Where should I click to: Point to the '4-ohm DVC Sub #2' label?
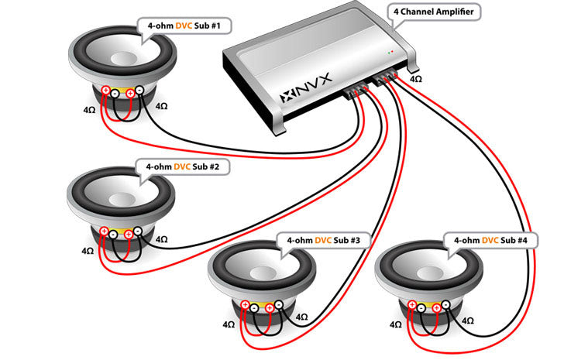[x=176, y=166]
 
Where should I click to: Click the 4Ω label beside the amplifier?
[x=416, y=79]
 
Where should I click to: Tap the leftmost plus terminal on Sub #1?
[x=106, y=90]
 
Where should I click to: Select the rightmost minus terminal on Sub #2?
[x=137, y=230]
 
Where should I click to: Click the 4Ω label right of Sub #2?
[x=161, y=240]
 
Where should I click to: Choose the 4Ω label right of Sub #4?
[x=467, y=319]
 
